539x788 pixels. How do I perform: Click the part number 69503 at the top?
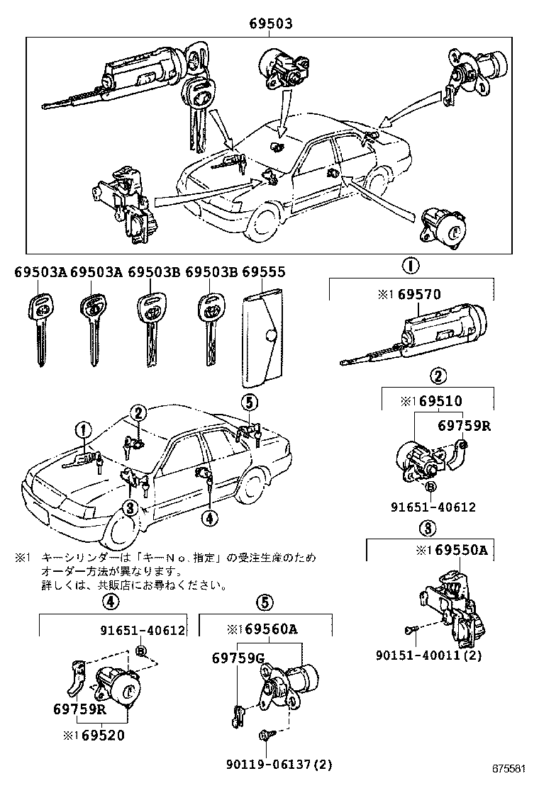pos(270,24)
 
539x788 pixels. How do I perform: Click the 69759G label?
pos(238,659)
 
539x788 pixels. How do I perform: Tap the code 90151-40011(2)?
pos(428,655)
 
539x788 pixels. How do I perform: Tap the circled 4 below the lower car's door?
pos(208,519)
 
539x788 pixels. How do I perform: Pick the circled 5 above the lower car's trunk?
pos(248,403)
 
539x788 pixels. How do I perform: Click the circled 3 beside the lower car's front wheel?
pos(129,507)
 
